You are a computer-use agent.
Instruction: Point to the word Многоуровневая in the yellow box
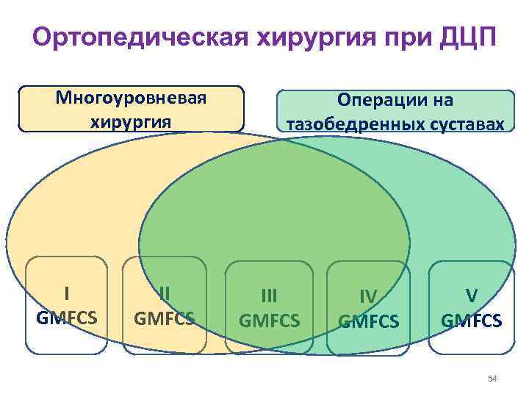(x=132, y=99)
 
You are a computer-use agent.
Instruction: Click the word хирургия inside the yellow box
(x=132, y=120)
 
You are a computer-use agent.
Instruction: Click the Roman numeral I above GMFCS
(x=67, y=293)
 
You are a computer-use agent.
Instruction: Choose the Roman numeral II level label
(x=165, y=293)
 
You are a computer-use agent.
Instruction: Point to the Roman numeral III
(x=270, y=296)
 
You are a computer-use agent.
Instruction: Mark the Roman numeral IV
(x=368, y=296)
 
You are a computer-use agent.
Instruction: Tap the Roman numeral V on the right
(x=471, y=296)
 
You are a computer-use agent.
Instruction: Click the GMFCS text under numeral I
(x=67, y=318)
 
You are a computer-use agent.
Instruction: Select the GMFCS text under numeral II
(x=165, y=318)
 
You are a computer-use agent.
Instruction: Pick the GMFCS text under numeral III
(x=270, y=321)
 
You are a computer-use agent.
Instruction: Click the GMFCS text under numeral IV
(x=368, y=321)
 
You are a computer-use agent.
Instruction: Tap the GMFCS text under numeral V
(x=471, y=321)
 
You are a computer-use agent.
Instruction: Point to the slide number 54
(x=492, y=379)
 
